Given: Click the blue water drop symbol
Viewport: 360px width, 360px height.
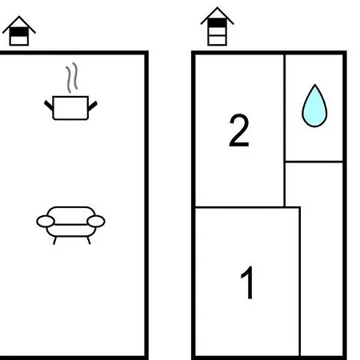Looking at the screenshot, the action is [314, 106].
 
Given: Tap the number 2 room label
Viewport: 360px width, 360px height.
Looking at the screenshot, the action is [239, 130].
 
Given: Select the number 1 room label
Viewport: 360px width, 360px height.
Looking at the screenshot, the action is [248, 282].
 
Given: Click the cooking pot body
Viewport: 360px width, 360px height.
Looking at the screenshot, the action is [70, 108].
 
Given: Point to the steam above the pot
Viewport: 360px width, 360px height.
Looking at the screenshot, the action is [72, 78].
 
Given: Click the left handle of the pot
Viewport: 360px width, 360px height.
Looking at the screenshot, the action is [49, 106].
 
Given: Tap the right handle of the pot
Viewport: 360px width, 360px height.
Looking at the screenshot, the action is [93, 106].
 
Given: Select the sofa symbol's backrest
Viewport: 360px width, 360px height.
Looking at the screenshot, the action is [71, 215].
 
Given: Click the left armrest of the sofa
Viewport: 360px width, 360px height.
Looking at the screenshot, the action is [46, 222].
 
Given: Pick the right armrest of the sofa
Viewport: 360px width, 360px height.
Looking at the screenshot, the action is [96, 222].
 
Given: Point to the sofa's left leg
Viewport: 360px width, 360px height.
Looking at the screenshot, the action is [54, 240].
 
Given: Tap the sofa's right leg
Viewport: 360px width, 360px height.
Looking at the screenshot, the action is [89, 240].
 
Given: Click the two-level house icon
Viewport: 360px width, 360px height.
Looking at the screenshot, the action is [19, 31].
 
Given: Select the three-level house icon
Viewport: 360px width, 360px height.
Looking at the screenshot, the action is [218, 26].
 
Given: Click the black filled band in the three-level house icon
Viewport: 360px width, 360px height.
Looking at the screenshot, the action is [218, 23].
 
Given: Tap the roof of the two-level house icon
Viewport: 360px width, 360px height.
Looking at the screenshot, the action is [19, 22].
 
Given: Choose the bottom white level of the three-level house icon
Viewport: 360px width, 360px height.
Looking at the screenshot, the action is [218, 40].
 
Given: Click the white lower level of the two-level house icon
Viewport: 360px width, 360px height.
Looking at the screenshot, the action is [19, 41].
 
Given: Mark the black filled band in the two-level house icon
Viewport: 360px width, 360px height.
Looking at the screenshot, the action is [19, 32].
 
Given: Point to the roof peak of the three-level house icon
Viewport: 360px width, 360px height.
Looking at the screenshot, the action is [218, 7].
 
